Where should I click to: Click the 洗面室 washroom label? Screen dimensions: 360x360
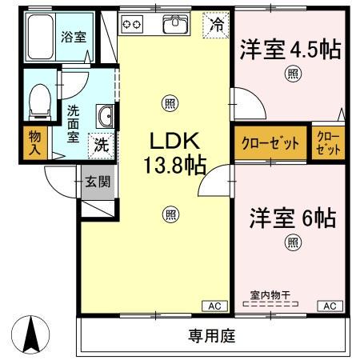point(72,123)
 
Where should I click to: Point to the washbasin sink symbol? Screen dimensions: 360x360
point(104,116)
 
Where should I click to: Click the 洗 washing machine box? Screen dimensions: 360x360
point(101,145)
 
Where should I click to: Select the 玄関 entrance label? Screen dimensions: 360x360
point(99,182)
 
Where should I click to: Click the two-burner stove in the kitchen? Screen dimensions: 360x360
point(131,24)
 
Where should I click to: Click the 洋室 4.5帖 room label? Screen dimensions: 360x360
point(290,50)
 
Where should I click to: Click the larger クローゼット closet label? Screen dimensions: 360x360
point(270,144)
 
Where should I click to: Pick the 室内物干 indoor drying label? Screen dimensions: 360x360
point(270,295)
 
